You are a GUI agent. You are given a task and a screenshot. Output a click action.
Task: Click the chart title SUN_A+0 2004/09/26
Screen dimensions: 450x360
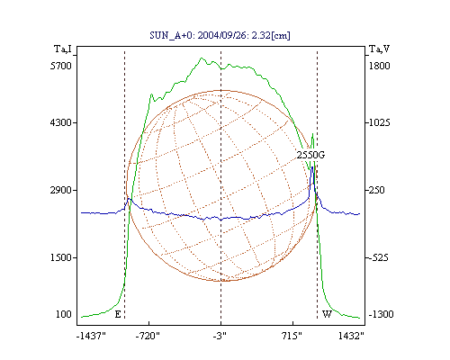point(220,35)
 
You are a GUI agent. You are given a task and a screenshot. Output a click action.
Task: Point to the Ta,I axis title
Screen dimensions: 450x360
point(63,49)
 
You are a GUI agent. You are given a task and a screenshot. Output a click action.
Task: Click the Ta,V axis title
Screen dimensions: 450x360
point(379,49)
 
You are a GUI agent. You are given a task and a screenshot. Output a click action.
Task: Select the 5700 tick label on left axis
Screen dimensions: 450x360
point(61,66)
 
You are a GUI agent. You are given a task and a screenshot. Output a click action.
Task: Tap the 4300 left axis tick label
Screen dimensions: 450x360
point(61,122)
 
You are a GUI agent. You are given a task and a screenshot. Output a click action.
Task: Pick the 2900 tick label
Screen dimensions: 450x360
point(61,190)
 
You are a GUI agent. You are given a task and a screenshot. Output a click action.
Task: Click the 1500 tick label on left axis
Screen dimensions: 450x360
point(61,257)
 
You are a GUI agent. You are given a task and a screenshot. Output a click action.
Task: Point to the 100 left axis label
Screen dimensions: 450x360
point(64,314)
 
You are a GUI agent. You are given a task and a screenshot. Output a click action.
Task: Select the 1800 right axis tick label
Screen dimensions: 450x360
point(380,66)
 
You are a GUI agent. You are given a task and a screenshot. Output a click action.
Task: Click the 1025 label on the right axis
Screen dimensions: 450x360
point(380,122)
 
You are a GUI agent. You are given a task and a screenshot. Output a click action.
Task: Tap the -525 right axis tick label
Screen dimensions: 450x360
point(379,257)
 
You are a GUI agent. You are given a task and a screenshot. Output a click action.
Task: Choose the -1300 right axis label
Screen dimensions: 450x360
point(381,314)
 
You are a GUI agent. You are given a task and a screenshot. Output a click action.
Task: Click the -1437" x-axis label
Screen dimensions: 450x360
point(91,336)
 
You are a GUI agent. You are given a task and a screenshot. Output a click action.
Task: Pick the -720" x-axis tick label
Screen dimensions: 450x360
point(148,336)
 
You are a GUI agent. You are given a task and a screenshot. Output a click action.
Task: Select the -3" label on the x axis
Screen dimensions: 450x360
point(220,336)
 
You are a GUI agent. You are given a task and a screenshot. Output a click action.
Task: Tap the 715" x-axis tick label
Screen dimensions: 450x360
point(292,336)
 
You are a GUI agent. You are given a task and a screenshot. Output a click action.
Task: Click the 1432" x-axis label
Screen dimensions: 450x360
point(351,336)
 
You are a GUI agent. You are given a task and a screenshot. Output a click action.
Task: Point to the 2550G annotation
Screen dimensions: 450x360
point(310,155)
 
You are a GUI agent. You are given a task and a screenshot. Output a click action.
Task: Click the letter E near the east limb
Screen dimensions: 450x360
point(118,314)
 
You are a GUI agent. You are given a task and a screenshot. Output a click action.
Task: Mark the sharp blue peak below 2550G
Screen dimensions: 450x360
point(312,166)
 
